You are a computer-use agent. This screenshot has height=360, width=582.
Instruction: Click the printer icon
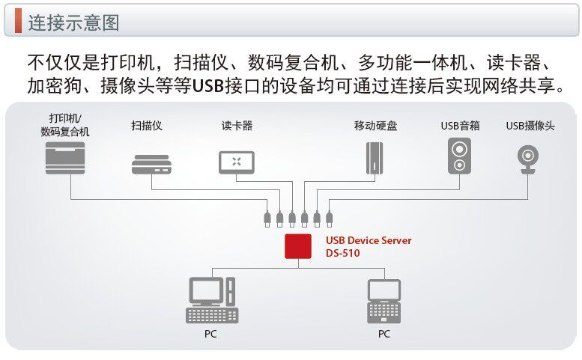click(x=65, y=157)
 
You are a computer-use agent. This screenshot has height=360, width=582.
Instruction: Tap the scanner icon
click(x=152, y=164)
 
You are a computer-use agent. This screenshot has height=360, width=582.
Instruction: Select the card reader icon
click(x=237, y=162)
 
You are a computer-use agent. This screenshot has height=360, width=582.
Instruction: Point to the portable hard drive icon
click(x=375, y=159)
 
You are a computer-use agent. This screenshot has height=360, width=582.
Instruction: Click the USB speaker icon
click(x=460, y=156)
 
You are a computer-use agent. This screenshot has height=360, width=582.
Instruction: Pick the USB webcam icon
click(x=530, y=158)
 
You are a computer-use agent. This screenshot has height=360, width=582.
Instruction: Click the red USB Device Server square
click(x=298, y=245)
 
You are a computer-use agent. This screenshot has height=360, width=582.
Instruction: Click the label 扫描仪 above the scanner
click(x=146, y=125)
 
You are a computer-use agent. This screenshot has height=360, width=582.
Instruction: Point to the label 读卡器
click(x=237, y=125)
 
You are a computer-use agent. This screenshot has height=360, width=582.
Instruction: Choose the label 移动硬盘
click(x=375, y=125)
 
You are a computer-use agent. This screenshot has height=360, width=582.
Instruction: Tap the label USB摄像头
click(x=530, y=125)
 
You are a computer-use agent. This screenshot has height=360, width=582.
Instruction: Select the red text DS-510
click(x=342, y=253)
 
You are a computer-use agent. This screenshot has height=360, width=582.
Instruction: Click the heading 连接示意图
click(x=73, y=22)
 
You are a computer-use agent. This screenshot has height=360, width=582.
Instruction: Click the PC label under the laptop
click(x=384, y=334)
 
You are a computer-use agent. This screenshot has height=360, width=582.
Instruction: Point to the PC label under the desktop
click(x=210, y=334)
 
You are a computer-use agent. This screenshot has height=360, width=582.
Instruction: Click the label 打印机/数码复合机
click(x=65, y=125)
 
